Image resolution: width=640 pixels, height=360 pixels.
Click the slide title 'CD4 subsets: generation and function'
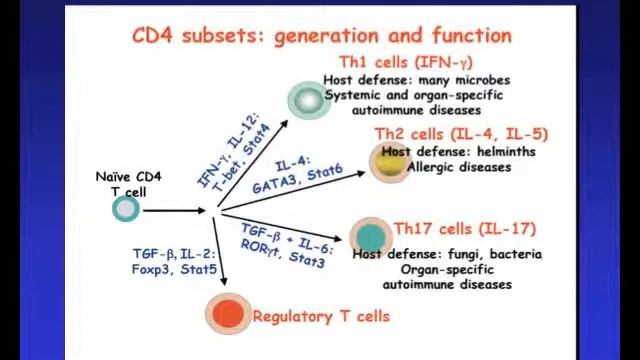tap(322, 36)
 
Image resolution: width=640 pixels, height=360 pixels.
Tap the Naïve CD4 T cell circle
tap(126, 209)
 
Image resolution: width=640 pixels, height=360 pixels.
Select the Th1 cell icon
tap(306, 99)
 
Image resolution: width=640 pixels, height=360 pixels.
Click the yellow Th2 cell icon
tap(388, 162)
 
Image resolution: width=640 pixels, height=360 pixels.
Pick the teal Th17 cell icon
tap(370, 237)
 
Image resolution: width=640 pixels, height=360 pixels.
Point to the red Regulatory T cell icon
tap(228, 314)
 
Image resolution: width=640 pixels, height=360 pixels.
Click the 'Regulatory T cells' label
tap(321, 316)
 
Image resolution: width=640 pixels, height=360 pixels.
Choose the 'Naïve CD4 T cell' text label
tap(128, 184)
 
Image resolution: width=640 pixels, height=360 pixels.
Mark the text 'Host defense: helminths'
tap(458, 152)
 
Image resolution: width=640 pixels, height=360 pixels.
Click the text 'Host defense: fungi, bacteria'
tap(446, 254)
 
